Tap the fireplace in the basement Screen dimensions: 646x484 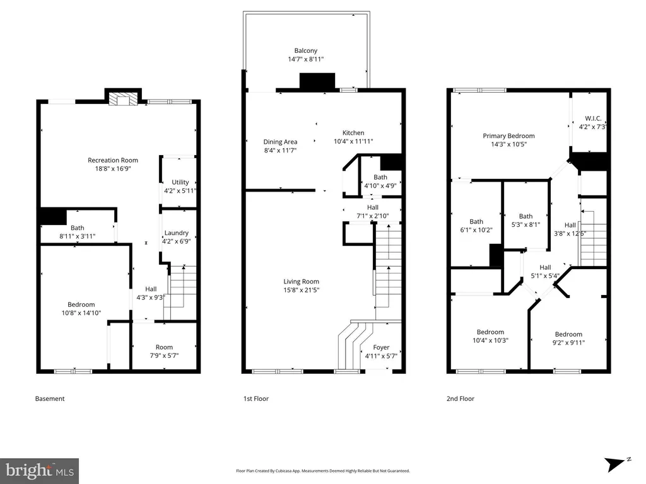point(123,99)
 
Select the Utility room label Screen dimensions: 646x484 point(180,182)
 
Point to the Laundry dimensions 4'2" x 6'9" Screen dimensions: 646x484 point(177,241)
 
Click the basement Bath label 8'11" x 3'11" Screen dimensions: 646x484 point(78,232)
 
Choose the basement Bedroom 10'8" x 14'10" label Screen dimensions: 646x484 point(81,309)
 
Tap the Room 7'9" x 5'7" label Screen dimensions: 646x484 point(164,351)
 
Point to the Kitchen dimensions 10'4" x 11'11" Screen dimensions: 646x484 point(353,141)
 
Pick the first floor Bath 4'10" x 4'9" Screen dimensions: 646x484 point(380,181)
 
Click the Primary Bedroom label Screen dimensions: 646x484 point(509,136)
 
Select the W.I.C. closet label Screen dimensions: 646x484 point(593,118)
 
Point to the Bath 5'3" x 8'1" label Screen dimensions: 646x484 point(526,220)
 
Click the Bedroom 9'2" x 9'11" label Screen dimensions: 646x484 point(568,338)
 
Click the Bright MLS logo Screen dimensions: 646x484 point(40,471)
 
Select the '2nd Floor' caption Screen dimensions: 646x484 point(460,398)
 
